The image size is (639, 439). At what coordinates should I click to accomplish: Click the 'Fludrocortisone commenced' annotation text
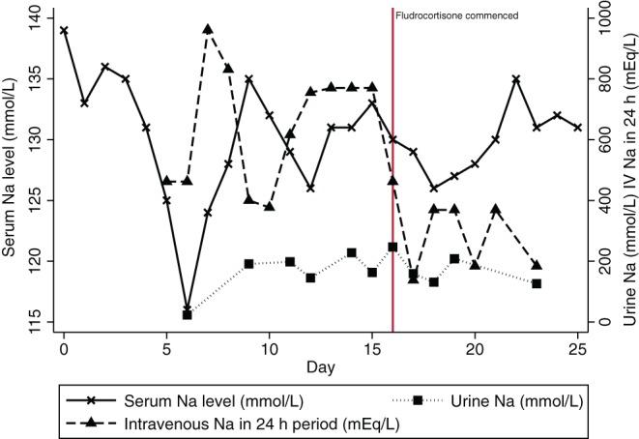coord(457,15)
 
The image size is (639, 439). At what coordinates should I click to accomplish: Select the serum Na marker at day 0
coord(64,30)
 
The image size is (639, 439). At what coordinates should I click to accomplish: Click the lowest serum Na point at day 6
coord(187,308)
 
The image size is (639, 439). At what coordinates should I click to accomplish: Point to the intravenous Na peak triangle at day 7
coord(208,29)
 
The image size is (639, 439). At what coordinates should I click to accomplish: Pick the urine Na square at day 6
coord(187,314)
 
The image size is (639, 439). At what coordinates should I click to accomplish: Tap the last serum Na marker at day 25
coord(577,127)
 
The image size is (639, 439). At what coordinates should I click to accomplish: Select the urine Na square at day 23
coord(537,283)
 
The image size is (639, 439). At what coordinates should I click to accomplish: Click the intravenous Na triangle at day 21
coord(495,210)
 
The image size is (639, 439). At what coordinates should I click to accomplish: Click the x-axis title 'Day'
coord(320,367)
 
